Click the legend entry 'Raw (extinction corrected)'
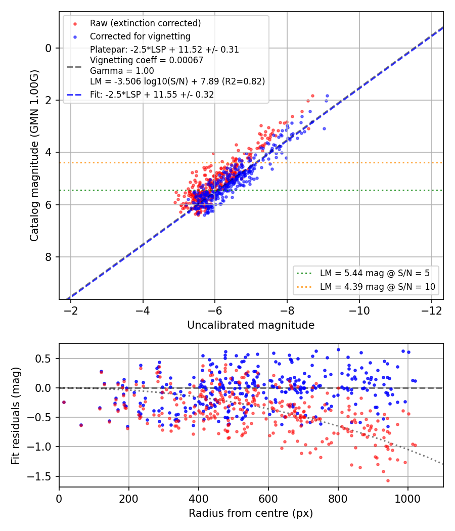pos(145,23)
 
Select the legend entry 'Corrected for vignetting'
pos(140,36)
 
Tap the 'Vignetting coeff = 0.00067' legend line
pos(147,60)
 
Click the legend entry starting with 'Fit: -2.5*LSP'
pos(152,95)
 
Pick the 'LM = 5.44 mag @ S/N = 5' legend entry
pos(375,273)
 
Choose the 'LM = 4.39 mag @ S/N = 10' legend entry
pos(378,287)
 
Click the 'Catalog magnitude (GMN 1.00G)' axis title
pos(34,156)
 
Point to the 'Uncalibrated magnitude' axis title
pos(251,325)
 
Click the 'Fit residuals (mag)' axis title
pos(16,416)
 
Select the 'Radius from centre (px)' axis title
pos(251,513)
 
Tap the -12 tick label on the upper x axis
pos(432,311)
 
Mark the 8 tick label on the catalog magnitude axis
pos(49,257)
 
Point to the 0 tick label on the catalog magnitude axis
pos(49,49)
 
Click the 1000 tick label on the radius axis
pos(407,499)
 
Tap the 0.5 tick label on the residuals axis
pos(43,359)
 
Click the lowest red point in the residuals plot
pos(388,480)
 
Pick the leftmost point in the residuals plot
pos(64,403)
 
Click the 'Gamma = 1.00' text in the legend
pos(122,71)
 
